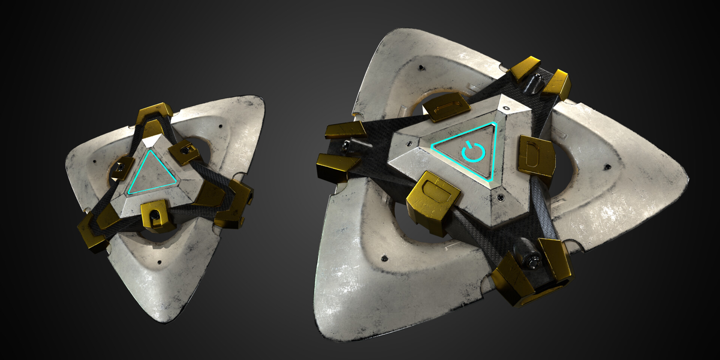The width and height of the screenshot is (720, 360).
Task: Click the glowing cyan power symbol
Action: click(474, 152)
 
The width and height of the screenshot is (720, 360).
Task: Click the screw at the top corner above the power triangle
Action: click(507, 108)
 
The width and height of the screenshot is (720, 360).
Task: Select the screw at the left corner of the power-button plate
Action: click(409, 143)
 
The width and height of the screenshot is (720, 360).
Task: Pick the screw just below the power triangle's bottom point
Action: click(500, 196)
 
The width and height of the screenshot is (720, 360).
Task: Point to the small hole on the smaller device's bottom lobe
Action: click(160, 262)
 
